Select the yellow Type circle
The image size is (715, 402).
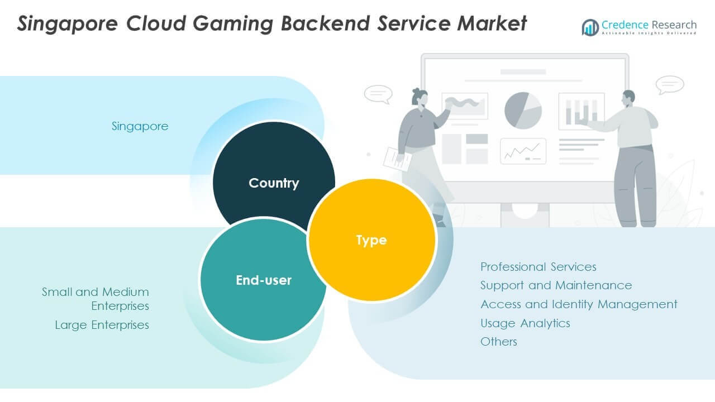pos(371,240)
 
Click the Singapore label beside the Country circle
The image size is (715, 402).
pos(140,126)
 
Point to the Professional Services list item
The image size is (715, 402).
pos(538,267)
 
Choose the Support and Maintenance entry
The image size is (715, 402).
pos(556,285)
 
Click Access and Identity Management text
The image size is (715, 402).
pos(579,304)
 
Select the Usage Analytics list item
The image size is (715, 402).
pos(525,323)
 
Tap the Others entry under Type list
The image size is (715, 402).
pos(498,342)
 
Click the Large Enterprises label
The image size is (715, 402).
pos(102,325)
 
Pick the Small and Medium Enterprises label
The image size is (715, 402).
pos(96,299)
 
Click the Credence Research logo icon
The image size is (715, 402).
pos(590,27)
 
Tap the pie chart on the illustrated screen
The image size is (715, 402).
pos(523,111)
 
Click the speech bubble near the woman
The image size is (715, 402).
pos(378,94)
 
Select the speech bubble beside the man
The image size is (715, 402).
pos(669,85)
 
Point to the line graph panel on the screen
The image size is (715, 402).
pos(523,151)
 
